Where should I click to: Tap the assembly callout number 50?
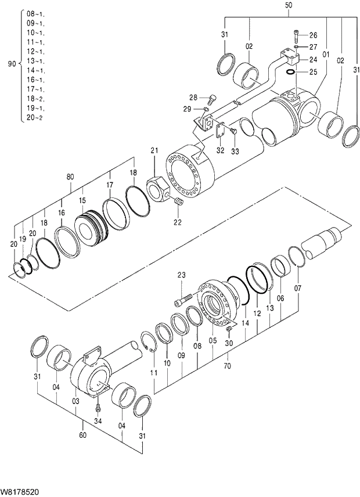click(x=289, y=6)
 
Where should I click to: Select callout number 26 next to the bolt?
click(x=313, y=35)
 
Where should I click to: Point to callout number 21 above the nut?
click(x=154, y=151)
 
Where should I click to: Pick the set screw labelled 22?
click(x=178, y=201)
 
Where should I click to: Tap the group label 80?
click(x=70, y=177)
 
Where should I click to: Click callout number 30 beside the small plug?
click(x=229, y=344)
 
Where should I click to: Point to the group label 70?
click(x=227, y=366)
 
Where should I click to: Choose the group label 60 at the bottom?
click(x=82, y=435)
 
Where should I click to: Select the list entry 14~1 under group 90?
click(x=35, y=70)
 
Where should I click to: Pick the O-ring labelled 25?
click(x=294, y=72)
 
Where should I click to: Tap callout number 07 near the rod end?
click(x=297, y=288)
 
